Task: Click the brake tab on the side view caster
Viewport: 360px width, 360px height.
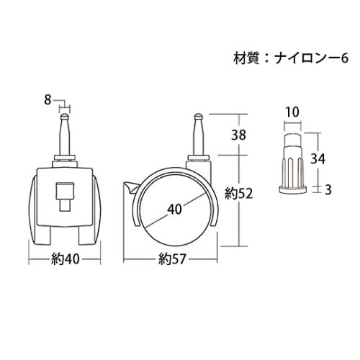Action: coord(129,189)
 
